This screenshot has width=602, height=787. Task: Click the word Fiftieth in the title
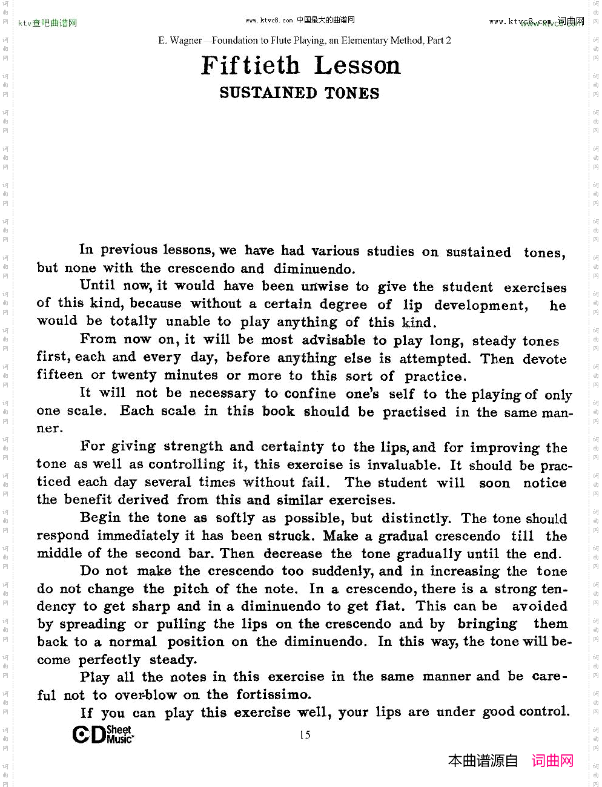[x=250, y=65]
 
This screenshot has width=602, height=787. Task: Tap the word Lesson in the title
[x=357, y=65]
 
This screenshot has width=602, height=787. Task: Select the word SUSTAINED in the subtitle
[x=268, y=93]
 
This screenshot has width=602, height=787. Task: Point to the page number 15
[x=305, y=735]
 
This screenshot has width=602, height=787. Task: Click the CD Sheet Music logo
[x=103, y=734]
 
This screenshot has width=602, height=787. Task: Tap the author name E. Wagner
[x=180, y=41]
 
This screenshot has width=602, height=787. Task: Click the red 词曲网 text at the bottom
[x=552, y=761]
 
